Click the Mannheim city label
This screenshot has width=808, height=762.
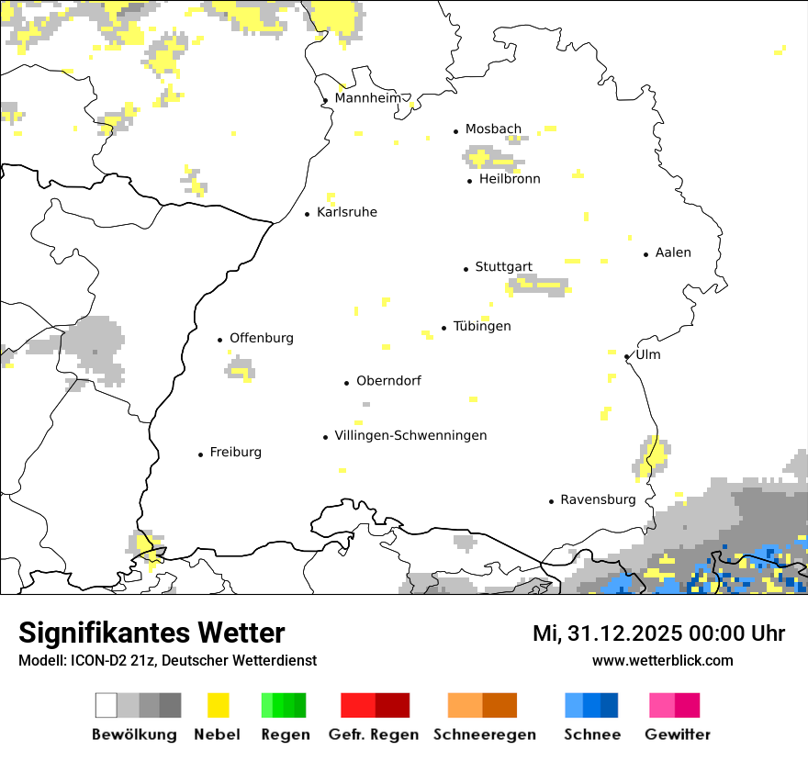[x=367, y=98]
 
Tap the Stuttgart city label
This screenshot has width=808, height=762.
[x=503, y=267]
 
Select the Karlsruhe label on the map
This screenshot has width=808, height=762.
[x=347, y=212]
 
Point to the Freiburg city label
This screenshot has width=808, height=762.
[x=235, y=452]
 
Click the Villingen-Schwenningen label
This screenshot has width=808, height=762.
[x=410, y=435]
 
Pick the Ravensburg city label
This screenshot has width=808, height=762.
[x=598, y=499]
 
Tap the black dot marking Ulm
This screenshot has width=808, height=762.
[x=627, y=356]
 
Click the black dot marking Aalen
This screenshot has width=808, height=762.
[x=646, y=254]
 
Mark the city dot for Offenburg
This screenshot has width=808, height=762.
[x=220, y=340]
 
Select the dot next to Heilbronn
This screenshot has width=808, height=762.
[x=470, y=181]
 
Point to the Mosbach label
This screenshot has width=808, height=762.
[x=493, y=129]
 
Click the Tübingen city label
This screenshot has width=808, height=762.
[x=482, y=326]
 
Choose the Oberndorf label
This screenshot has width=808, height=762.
[x=388, y=380]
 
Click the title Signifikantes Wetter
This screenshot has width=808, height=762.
[x=151, y=633]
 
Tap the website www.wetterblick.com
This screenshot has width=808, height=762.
[x=662, y=660]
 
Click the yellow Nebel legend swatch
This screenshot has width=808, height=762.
[x=218, y=705]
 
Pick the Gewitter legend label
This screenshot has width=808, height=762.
[x=678, y=734]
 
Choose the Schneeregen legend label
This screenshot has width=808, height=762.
[x=484, y=734]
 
